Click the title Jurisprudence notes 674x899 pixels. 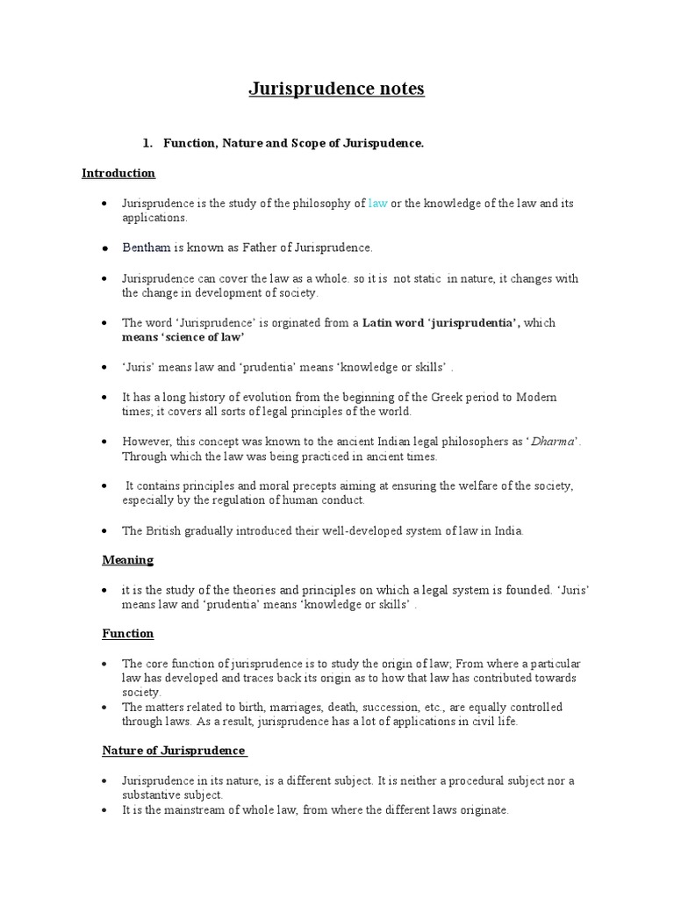tap(337, 89)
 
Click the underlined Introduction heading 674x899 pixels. tap(118, 173)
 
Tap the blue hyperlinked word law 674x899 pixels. tap(377, 203)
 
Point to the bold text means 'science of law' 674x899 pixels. tap(183, 336)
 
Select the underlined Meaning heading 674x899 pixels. tap(128, 559)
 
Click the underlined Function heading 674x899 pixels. tap(128, 633)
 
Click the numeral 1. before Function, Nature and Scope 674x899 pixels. tap(147, 143)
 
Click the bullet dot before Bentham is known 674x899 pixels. tap(104, 248)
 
